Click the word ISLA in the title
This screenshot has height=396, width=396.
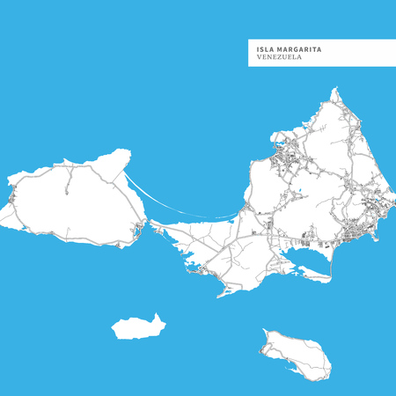coord(265,49)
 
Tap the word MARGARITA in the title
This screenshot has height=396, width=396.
coord(298,49)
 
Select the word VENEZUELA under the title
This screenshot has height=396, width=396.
coord(280,58)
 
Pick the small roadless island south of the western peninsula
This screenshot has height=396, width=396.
coord(136,328)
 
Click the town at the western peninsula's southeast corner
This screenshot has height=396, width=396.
coord(138,232)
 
